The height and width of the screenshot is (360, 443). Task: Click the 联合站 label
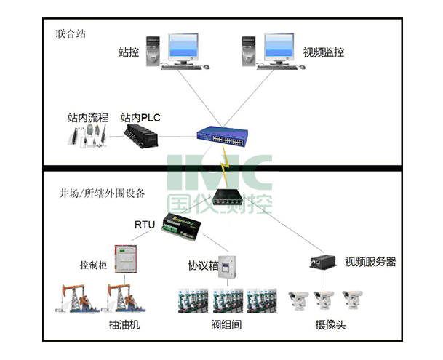tap(71, 33)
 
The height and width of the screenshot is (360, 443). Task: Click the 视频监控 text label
tap(324, 52)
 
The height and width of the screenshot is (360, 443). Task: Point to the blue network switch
tap(223, 137)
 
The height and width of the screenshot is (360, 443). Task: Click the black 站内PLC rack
tap(141, 136)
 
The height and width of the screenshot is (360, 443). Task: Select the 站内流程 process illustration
tap(87, 136)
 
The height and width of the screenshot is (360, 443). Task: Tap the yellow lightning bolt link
tap(226, 166)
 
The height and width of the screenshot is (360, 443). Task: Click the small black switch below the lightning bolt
tap(228, 197)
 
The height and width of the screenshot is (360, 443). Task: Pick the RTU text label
tap(145, 225)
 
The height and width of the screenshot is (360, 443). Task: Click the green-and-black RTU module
tap(181, 227)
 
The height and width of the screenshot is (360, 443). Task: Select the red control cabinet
tap(125, 259)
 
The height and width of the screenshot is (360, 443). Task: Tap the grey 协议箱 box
tap(228, 267)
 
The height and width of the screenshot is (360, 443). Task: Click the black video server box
tap(323, 262)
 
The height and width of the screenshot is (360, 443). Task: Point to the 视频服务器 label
tap(370, 262)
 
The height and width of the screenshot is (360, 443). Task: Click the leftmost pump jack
tap(77, 298)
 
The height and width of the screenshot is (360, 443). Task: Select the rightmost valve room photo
tap(261, 300)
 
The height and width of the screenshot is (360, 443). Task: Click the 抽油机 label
tap(124, 324)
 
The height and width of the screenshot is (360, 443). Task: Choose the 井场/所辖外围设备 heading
tap(102, 193)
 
